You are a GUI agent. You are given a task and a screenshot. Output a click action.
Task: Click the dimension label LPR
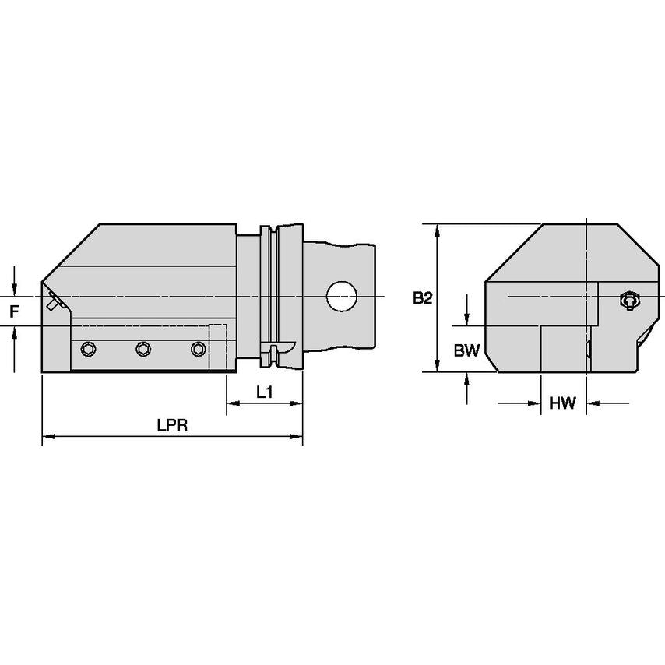coord(172,426)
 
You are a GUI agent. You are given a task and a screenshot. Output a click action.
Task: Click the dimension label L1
coord(265,393)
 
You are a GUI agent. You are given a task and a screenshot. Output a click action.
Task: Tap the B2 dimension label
coord(422,298)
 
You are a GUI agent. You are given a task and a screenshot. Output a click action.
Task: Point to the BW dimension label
coord(466,351)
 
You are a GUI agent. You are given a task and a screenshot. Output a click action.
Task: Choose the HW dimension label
coord(562,403)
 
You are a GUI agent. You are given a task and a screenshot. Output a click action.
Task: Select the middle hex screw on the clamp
coord(142,350)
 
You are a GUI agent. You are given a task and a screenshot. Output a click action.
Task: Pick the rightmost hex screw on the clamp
coord(199,350)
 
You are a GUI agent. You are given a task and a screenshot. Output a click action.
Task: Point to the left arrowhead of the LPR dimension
coord(47,437)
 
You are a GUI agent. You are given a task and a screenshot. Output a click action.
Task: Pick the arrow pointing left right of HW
coord(593,403)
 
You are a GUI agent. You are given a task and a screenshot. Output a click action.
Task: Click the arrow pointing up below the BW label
coord(466,378)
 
